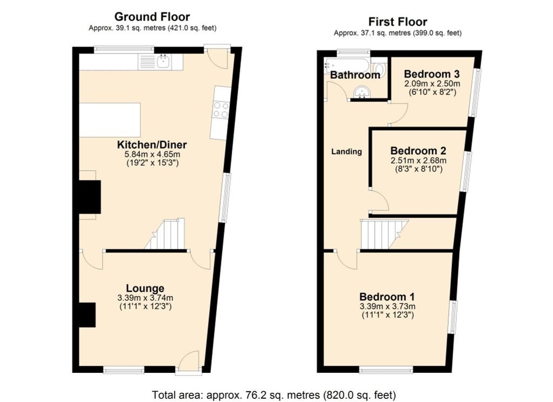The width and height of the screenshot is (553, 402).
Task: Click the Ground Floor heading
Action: click(x=152, y=17)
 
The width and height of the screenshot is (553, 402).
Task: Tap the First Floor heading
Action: click(x=397, y=22)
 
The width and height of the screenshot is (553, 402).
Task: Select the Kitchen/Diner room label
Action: click(x=152, y=145)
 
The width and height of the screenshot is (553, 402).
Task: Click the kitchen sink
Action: click(x=164, y=62)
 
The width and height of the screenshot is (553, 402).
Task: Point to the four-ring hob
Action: click(x=221, y=110)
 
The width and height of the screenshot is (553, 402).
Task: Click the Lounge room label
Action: click(x=145, y=289)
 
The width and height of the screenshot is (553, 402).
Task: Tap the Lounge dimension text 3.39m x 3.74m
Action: click(x=145, y=298)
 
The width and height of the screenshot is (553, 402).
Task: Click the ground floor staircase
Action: click(x=165, y=234)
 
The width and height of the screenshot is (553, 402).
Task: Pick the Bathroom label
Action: click(x=355, y=74)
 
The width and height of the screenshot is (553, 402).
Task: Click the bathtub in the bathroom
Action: click(x=347, y=64)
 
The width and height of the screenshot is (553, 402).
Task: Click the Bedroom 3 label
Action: click(x=432, y=74)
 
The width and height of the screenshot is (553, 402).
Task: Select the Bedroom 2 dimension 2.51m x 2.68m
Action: click(x=419, y=161)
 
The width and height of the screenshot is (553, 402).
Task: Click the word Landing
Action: click(x=347, y=152)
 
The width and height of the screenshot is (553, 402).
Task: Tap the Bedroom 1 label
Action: click(x=387, y=297)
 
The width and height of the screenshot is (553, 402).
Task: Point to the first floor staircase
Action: click(x=384, y=234)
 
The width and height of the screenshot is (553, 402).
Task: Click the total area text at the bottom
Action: click(x=274, y=394)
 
